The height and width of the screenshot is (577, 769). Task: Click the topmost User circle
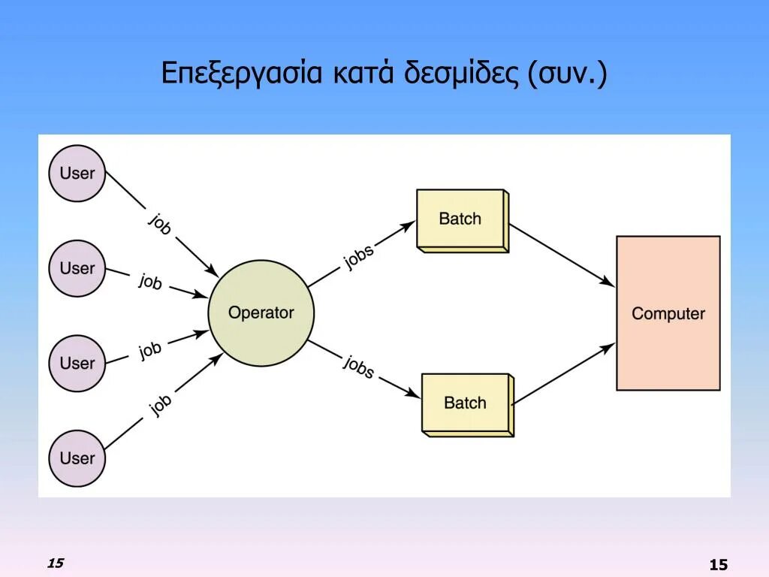[77, 173]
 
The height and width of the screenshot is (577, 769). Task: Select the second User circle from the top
[77, 268]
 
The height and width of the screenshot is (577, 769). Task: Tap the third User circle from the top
[77, 363]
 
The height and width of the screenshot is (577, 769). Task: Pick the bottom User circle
[77, 458]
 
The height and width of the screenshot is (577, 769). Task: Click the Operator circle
[261, 313]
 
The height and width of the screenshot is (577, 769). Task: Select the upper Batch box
[460, 219]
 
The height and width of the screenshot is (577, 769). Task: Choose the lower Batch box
[466, 403]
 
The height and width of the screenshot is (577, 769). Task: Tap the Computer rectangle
[668, 313]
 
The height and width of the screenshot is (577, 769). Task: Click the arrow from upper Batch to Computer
[562, 255]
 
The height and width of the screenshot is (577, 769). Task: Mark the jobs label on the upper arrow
[359, 256]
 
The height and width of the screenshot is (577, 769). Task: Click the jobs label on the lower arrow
[359, 366]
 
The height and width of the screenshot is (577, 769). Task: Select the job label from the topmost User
[160, 224]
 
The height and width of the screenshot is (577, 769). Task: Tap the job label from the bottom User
[160, 404]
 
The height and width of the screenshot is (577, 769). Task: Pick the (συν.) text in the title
[567, 74]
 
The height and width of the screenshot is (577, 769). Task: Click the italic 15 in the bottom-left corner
[55, 563]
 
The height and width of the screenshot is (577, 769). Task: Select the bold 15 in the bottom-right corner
[718, 565]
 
